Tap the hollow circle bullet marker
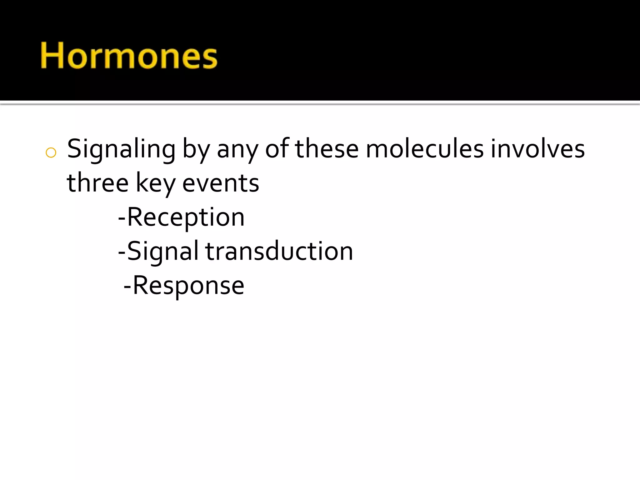(x=51, y=153)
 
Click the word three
(x=97, y=183)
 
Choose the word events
(x=221, y=183)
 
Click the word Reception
(x=186, y=217)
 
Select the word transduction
(x=279, y=251)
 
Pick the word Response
(x=188, y=286)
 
